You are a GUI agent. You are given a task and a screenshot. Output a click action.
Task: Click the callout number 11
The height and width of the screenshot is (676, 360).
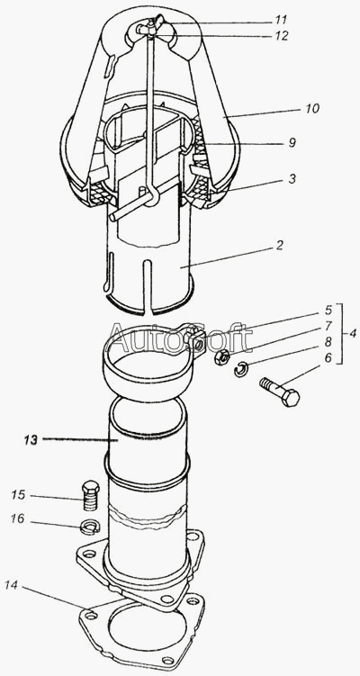[282, 20]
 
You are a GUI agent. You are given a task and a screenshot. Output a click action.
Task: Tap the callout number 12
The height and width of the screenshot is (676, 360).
[282, 35]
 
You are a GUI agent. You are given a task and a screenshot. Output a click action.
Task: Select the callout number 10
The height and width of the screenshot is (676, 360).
[312, 109]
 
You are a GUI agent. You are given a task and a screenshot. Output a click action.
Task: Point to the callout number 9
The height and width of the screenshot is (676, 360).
[292, 143]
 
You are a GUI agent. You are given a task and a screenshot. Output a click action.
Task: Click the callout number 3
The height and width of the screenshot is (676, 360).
[292, 179]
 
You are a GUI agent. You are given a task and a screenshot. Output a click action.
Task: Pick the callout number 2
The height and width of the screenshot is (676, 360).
[279, 246]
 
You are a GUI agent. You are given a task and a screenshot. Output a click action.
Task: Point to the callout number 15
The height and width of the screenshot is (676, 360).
[19, 494]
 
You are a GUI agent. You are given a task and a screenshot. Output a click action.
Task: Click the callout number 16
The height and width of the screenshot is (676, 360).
[19, 520]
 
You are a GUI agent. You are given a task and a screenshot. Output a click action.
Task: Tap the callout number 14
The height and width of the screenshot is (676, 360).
[13, 584]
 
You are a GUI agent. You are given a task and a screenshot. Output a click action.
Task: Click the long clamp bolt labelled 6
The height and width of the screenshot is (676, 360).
[280, 392]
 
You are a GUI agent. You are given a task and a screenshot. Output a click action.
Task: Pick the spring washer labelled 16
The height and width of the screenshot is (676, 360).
[91, 526]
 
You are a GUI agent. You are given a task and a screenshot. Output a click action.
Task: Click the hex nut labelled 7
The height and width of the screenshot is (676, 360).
[221, 357]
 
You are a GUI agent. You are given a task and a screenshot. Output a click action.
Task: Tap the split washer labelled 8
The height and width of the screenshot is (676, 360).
[241, 369]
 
